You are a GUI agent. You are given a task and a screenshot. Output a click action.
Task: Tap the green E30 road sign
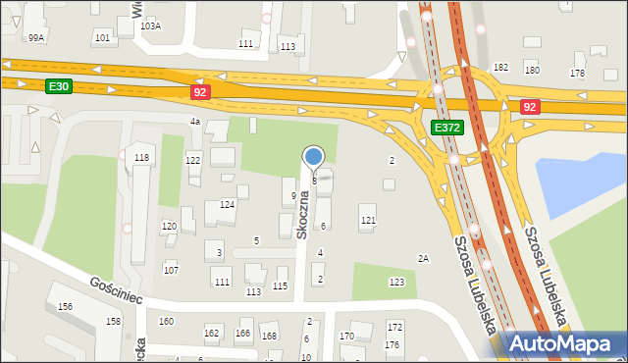coord(58,86)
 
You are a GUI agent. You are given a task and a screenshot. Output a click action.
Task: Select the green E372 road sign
coord(446,128)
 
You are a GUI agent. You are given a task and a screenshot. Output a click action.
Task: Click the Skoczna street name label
coord(304,215)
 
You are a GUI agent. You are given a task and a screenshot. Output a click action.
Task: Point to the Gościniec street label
coord(117,289)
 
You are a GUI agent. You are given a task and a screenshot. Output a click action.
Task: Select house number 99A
coord(36,37)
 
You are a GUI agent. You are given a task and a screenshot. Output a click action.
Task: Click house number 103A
coord(150,26)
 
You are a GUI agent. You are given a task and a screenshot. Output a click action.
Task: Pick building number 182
coord(500,67)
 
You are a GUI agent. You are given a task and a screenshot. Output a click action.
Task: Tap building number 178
coord(577,74)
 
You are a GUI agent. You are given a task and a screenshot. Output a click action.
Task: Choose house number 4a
coord(194,121)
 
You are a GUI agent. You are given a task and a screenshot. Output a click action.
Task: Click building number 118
coord(142,158)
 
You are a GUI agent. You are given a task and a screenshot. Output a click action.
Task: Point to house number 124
coord(227,204)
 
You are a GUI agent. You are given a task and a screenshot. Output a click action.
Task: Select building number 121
coord(368,220)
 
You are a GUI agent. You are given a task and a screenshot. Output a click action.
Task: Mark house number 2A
coord(423,259)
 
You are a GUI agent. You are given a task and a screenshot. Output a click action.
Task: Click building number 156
coord(65,307)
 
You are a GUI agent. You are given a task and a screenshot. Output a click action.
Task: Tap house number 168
coord(269,336)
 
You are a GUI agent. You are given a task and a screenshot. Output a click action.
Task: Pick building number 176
coord(392,344)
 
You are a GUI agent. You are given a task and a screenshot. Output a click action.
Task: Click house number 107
coord(171,269)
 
